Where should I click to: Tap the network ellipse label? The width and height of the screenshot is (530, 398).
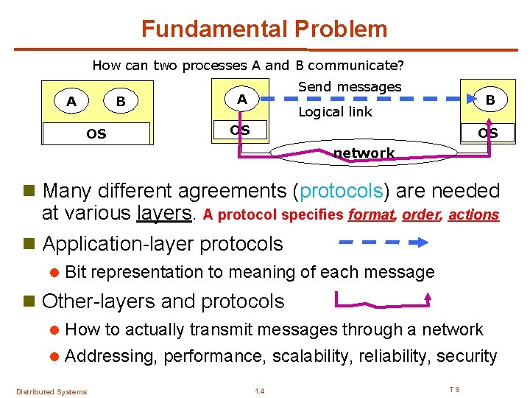pyautogui.click(x=364, y=153)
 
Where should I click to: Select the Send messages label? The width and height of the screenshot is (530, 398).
pyautogui.click(x=350, y=87)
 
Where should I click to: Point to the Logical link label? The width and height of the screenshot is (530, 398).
pyautogui.click(x=335, y=112)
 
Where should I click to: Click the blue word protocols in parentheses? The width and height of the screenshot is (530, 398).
pyautogui.click(x=341, y=191)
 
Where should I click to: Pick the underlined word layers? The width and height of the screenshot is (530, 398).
pyautogui.click(x=164, y=214)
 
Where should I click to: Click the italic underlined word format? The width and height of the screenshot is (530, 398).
pyautogui.click(x=372, y=215)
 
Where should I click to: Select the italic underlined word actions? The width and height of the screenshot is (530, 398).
pyautogui.click(x=473, y=215)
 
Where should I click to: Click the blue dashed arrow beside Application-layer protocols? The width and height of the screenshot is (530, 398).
pyautogui.click(x=384, y=242)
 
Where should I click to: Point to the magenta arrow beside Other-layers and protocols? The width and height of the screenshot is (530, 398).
pyautogui.click(x=384, y=299)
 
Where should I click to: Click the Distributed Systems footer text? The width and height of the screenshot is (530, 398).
pyautogui.click(x=52, y=391)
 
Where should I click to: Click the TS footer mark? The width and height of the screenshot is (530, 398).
pyautogui.click(x=454, y=389)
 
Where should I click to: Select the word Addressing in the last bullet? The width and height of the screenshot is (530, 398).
pyautogui.click(x=111, y=357)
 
